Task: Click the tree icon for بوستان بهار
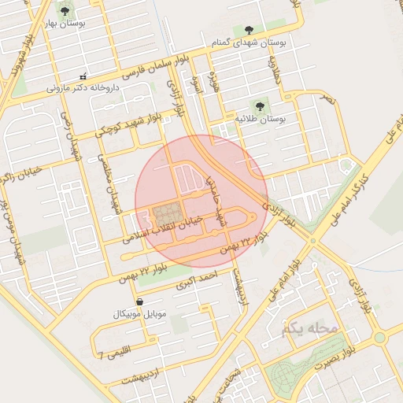(x=64, y=11)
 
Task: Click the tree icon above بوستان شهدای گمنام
(x=249, y=30)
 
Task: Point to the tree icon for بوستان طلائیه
(x=257, y=105)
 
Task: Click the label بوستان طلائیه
(x=258, y=118)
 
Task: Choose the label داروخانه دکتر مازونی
(x=82, y=88)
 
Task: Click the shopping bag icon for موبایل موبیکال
(x=139, y=301)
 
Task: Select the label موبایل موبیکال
(x=139, y=314)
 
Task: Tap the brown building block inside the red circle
(x=166, y=214)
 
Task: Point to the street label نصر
(x=327, y=100)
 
